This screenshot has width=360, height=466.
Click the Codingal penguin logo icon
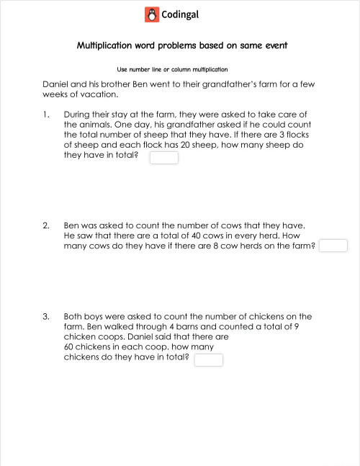coord(150,14)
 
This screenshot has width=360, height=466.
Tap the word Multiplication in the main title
coord(103,46)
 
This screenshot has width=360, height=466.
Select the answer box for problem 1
coord(163,158)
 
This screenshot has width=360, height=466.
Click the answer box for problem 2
coord(333,246)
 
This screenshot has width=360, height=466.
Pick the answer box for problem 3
coord(209,359)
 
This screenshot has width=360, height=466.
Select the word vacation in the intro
coord(97,94)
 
